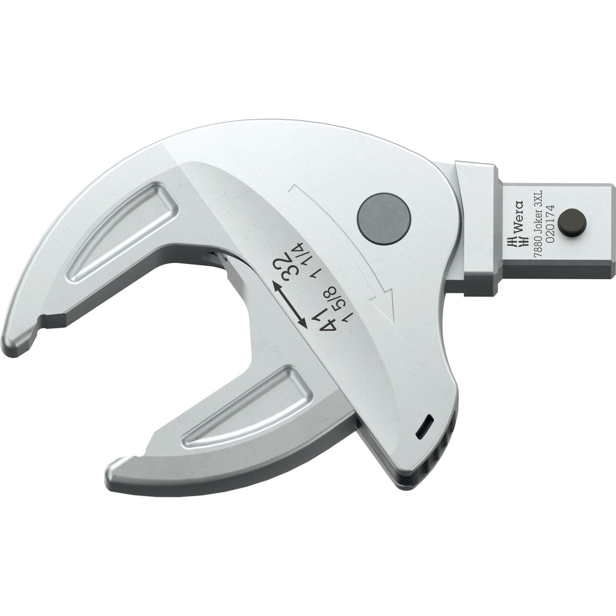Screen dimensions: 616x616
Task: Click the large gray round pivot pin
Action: click(383, 217)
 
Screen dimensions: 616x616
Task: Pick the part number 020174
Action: click(544, 226)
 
